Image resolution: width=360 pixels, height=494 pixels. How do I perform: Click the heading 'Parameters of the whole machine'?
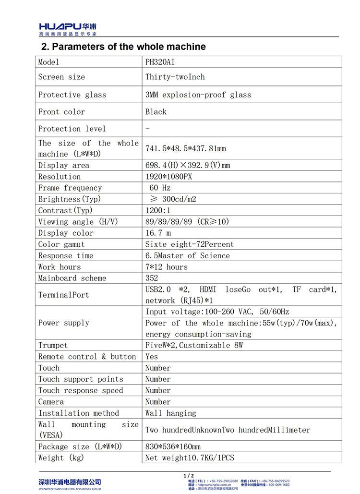pyautogui.click(x=123, y=47)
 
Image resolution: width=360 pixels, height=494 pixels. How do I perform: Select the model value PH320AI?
pyautogui.click(x=164, y=62)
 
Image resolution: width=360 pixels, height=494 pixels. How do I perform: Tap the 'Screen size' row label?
pyautogui.click(x=61, y=77)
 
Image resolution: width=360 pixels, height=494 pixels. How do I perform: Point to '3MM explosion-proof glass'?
pyautogui.click(x=198, y=95)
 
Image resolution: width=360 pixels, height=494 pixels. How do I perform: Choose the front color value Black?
pyautogui.click(x=156, y=112)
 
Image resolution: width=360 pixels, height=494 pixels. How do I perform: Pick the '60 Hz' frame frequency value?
pyautogui.click(x=160, y=188)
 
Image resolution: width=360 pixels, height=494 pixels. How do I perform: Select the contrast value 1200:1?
pyautogui.click(x=158, y=210)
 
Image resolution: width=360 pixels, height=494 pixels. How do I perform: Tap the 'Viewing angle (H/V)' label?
pyautogui.click(x=78, y=222)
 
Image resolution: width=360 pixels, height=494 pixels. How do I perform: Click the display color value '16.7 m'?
pyautogui.click(x=158, y=233)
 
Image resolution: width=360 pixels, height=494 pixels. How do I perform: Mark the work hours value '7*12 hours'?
pyautogui.click(x=167, y=267)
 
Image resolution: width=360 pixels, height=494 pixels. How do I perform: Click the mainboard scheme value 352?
pyautogui.click(x=152, y=278)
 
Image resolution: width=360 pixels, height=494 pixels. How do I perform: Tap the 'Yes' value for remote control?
pyautogui.click(x=152, y=357)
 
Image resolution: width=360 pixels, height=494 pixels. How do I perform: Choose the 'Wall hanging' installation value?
pyautogui.click(x=171, y=413)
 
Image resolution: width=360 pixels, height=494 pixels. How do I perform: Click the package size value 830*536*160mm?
pyautogui.click(x=173, y=447)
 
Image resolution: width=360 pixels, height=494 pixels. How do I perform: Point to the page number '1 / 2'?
pyautogui.click(x=188, y=475)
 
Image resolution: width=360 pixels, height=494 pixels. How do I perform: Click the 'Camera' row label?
pyautogui.click(x=51, y=402)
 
